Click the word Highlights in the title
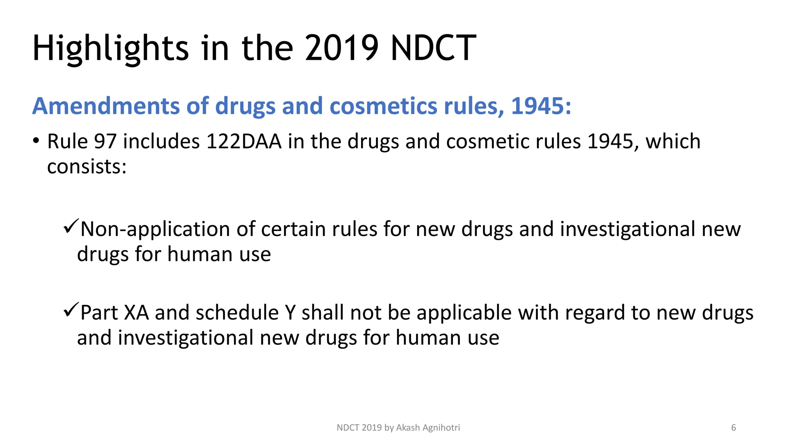tap(111, 49)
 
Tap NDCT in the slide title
tap(433, 49)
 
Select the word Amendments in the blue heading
tap(106, 106)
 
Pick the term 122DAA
tap(244, 141)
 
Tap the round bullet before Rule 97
tap(36, 140)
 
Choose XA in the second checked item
tap(136, 313)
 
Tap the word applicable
tap(463, 313)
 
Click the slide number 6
tap(734, 428)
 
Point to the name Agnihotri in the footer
tap(441, 428)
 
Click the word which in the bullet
tap(673, 141)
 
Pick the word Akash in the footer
tap(408, 428)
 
